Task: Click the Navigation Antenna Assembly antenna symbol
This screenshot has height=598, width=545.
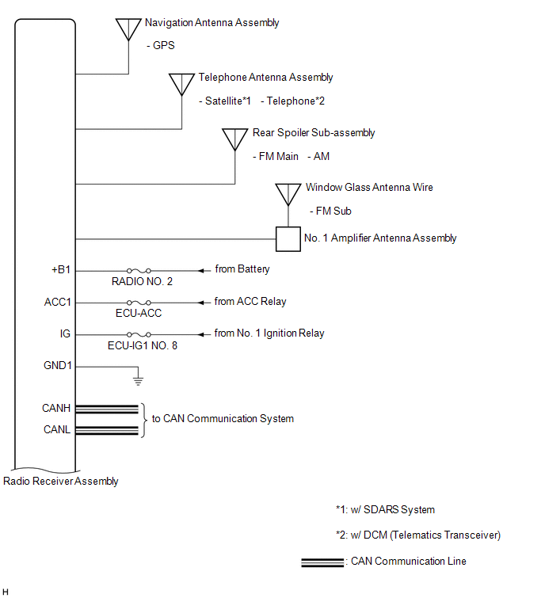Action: click(128, 28)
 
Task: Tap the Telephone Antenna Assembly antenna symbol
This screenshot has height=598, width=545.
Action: click(181, 83)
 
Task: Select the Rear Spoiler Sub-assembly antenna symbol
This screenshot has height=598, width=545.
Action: click(234, 139)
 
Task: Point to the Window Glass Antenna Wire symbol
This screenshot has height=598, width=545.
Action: click(288, 194)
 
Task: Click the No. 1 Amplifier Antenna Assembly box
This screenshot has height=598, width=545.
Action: click(288, 239)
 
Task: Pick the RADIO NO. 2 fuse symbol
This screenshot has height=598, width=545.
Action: click(139, 270)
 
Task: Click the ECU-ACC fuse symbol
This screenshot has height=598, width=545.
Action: click(139, 303)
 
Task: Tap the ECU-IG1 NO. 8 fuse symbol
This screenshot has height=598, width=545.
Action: click(139, 334)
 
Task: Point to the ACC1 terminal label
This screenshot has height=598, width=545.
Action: click(58, 302)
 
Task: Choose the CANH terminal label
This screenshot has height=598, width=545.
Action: click(56, 409)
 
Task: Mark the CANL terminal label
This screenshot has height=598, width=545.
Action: click(56, 430)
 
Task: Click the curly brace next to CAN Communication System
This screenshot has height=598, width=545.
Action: click(145, 419)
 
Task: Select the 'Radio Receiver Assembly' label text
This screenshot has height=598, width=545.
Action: click(61, 481)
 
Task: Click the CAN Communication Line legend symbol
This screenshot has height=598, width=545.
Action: click(322, 562)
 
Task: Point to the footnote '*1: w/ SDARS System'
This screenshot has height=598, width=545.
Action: click(385, 509)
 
